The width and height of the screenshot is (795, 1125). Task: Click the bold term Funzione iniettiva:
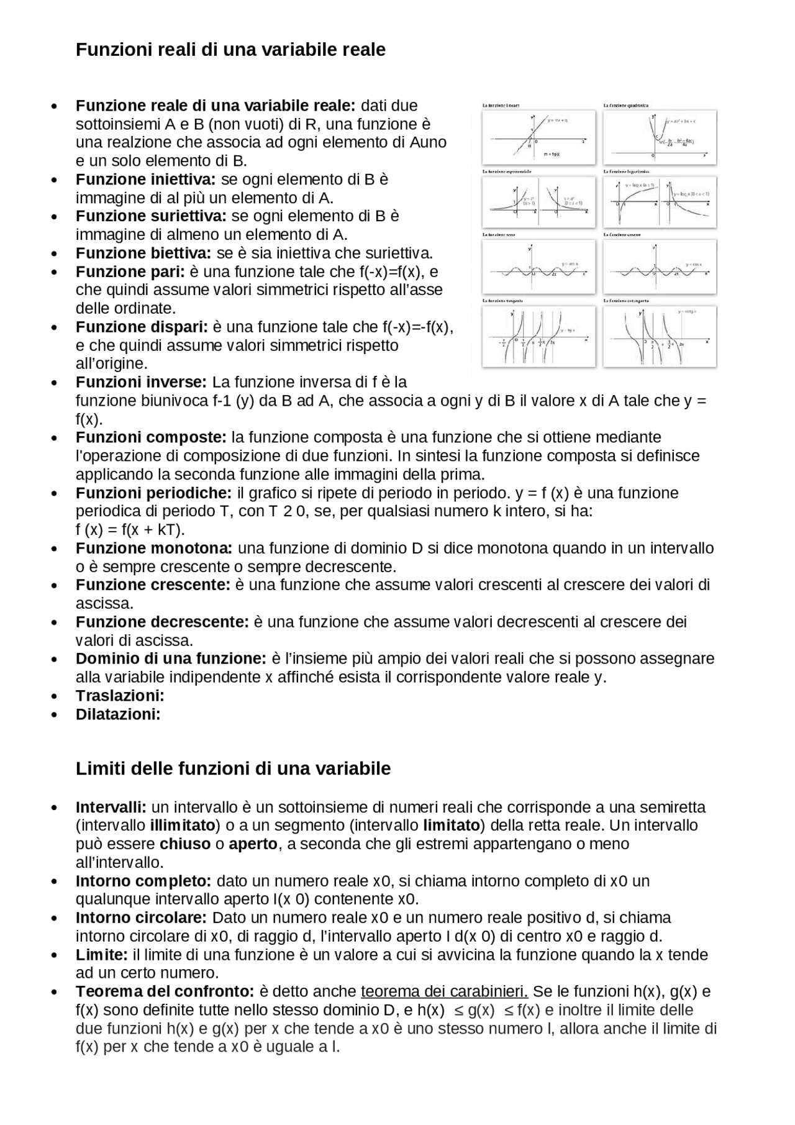tap(145, 180)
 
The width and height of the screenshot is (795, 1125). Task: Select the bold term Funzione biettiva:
tap(143, 253)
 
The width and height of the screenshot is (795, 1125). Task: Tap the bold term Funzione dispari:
tap(142, 327)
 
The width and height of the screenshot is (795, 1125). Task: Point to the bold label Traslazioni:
tap(120, 696)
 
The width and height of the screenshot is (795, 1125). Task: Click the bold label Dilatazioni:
tap(118, 714)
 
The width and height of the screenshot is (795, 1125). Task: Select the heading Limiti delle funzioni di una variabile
tap(233, 769)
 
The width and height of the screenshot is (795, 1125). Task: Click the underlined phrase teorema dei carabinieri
tap(444, 991)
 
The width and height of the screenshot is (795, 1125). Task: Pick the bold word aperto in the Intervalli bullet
tap(253, 844)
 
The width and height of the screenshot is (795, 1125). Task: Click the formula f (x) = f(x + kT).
tap(130, 530)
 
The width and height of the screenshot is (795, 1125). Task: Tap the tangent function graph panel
tap(538, 336)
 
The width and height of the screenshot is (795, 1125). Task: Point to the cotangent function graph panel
tap(659, 336)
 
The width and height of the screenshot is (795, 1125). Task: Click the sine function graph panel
tap(538, 268)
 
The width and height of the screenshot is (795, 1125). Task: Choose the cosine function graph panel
tap(659, 268)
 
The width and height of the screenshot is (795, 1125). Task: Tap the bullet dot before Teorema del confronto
tap(55, 992)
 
